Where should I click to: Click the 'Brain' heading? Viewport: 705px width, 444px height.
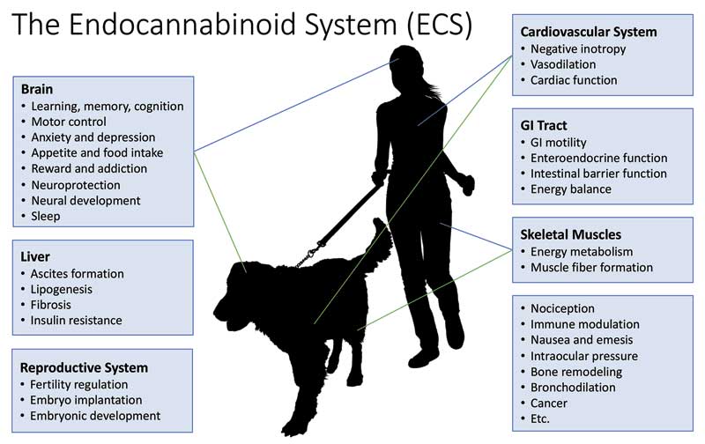coord(37,89)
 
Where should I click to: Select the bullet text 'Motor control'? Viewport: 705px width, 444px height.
coord(69,122)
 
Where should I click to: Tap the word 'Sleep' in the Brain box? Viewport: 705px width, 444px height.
coord(46,216)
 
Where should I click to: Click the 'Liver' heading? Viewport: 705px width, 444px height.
coord(35,256)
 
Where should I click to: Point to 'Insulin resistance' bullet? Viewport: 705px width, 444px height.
coord(76,321)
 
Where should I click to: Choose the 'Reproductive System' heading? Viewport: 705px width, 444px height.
coord(84,367)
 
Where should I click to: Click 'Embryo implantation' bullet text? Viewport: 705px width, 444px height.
coord(85,400)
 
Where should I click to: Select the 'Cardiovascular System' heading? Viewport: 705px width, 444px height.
coord(589,32)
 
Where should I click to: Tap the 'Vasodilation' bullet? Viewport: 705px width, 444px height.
coord(563,64)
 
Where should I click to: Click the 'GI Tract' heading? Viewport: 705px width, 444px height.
coord(544,125)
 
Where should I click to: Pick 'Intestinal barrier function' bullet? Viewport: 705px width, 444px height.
coord(598,174)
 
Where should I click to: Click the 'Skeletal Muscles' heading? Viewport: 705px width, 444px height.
coord(570,234)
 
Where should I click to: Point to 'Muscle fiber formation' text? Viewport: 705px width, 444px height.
coord(591,268)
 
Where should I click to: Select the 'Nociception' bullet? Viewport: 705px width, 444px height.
coord(562,308)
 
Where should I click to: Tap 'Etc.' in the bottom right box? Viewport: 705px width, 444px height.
coord(540,418)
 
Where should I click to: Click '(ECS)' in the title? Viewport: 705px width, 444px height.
coord(439,25)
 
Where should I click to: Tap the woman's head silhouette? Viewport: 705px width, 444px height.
coord(406,68)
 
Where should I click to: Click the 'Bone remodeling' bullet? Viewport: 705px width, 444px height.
coord(576,372)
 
